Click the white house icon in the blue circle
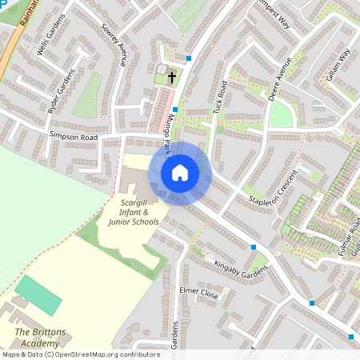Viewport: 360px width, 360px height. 180,173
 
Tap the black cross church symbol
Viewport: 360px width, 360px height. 171,76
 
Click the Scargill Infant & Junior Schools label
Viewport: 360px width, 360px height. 134,213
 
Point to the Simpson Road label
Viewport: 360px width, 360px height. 73,137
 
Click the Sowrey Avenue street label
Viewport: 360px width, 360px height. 113,48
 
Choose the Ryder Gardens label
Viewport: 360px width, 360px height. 61,91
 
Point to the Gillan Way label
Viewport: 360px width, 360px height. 338,65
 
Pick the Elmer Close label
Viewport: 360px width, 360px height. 199,294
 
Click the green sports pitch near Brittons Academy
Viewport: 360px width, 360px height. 38,295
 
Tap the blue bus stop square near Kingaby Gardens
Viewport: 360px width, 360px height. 254,248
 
